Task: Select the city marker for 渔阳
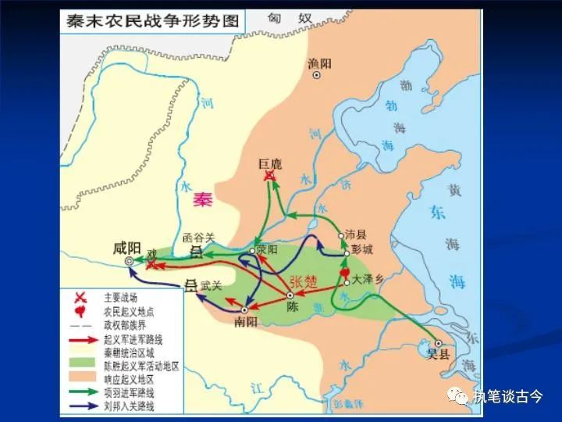pyautogui.click(x=317, y=76)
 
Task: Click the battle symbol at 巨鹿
pyautogui.click(x=270, y=179)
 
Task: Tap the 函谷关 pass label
pyautogui.click(x=197, y=235)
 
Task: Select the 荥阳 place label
pyautogui.click(x=266, y=250)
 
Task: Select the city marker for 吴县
pyautogui.click(x=439, y=343)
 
